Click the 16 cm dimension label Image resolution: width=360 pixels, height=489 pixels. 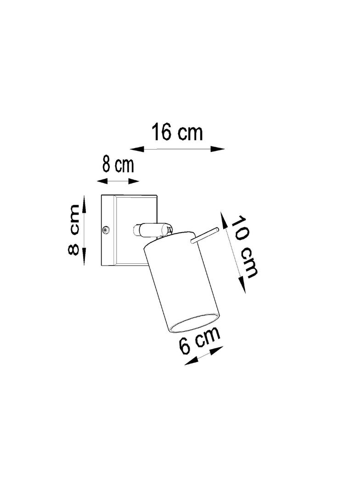coord(177,132)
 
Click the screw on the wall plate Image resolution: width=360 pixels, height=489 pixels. coord(106,230)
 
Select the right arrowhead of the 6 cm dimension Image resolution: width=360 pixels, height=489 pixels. coord(216,351)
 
